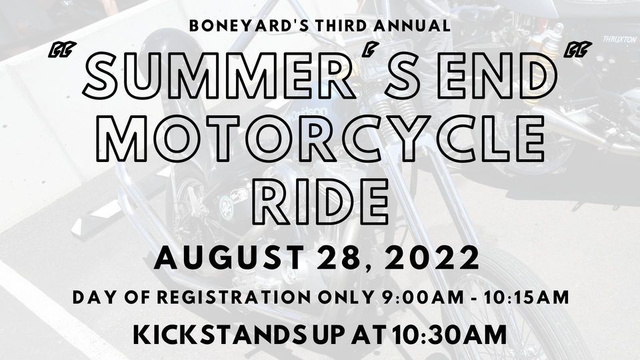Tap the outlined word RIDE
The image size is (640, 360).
coord(321,201)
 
